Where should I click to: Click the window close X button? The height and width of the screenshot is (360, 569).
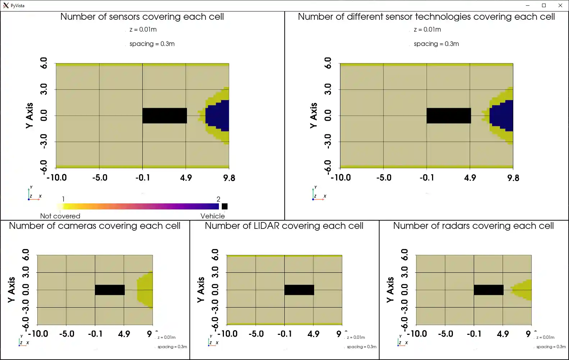click(560, 5)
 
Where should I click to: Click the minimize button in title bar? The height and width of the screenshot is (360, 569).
click(528, 5)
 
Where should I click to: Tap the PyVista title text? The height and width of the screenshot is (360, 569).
click(18, 6)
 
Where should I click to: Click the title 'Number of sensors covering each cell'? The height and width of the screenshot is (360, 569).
click(142, 17)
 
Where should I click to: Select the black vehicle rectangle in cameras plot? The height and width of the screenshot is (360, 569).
click(110, 290)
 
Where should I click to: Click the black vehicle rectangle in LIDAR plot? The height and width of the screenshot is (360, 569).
click(299, 290)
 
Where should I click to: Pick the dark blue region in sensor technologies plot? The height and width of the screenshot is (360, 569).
click(503, 116)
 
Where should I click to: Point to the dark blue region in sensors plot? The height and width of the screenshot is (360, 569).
click(219, 116)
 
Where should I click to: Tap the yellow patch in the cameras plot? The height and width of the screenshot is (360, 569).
click(145, 290)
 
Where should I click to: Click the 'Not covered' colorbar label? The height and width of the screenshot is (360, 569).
click(60, 216)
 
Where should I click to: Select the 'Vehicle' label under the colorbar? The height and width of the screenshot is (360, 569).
click(212, 216)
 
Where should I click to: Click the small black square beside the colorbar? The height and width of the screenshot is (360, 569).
click(225, 206)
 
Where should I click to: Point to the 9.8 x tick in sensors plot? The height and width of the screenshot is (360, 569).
click(229, 178)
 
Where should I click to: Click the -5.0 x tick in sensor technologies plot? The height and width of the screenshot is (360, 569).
click(384, 178)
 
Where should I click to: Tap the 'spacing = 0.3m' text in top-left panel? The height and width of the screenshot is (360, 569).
click(152, 44)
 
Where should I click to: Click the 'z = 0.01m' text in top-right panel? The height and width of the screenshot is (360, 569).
click(427, 29)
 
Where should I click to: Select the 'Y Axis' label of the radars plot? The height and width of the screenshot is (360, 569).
click(390, 290)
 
